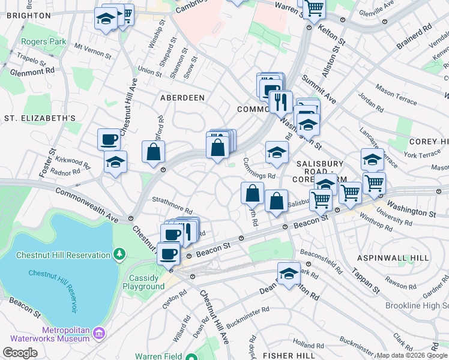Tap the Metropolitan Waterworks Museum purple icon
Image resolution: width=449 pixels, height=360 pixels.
pyautogui.click(x=100, y=332)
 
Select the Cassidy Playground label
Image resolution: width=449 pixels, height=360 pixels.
pyautogui.click(x=143, y=282)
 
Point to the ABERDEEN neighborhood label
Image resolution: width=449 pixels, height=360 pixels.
pyautogui.click(x=182, y=97)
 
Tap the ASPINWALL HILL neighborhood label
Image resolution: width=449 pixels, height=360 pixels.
pyautogui.click(x=393, y=257)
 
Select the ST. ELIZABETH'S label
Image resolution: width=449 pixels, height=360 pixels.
pyautogui.click(x=40, y=118)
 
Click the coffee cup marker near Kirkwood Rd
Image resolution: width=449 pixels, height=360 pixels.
pyautogui.click(x=109, y=139)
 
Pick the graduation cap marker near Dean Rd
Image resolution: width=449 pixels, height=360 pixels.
pyautogui.click(x=289, y=273)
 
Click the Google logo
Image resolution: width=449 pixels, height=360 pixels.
pyautogui.click(x=20, y=353)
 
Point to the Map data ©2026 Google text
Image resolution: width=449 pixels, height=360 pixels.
pyautogui.click(x=412, y=355)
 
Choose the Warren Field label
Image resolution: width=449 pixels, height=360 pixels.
pyautogui.click(x=154, y=355)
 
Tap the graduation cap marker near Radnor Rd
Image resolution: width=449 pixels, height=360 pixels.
pyautogui.click(x=115, y=161)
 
